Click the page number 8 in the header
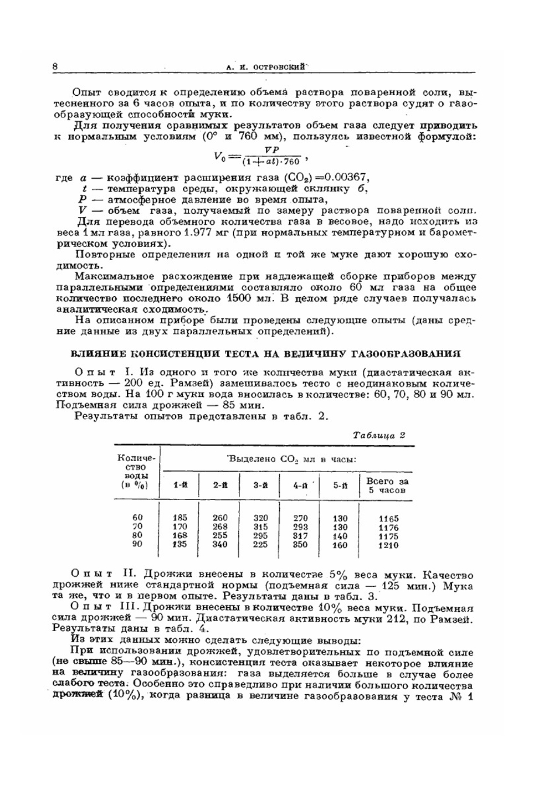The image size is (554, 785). tap(55, 66)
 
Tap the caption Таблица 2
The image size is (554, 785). tap(379, 435)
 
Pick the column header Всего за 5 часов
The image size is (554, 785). tap(387, 486)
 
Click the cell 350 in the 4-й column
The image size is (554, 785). tap(300, 545)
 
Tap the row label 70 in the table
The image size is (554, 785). tap(137, 526)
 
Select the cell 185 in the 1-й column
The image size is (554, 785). tap(180, 518)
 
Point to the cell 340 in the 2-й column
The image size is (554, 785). tap(220, 545)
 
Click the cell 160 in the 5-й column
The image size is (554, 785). tap(340, 545)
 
